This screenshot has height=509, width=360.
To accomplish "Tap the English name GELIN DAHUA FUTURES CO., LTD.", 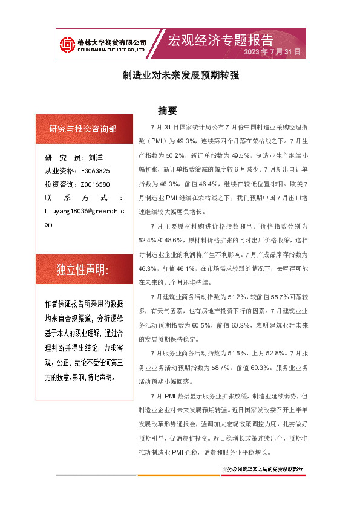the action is tap(112, 50).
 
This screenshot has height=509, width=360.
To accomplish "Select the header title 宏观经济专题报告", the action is tap(220, 40).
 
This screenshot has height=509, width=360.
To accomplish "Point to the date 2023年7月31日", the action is tap(272, 52).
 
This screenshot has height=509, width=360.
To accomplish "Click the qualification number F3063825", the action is tap(95, 171).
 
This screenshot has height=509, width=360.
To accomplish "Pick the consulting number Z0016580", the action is tap(95, 184).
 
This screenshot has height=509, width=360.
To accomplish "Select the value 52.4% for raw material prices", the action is tap(149, 238).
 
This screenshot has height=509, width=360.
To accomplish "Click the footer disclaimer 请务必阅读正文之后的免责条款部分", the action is tap(263, 468).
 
